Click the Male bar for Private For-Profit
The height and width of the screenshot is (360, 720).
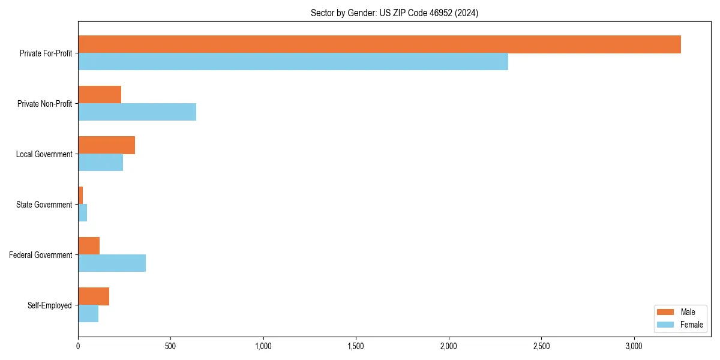(379, 44)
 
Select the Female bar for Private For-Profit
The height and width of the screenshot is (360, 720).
(293, 62)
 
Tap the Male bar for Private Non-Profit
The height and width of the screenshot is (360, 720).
(100, 95)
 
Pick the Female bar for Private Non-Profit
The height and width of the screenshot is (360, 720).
(137, 112)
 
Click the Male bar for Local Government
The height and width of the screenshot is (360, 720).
(106, 145)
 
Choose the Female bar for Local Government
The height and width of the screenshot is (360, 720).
(100, 163)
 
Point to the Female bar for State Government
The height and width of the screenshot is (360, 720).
(83, 213)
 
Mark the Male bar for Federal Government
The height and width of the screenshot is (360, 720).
(89, 246)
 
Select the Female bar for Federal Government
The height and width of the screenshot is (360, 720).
(112, 263)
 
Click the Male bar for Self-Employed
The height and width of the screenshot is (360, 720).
(94, 296)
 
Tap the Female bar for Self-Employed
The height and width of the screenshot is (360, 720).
(88, 314)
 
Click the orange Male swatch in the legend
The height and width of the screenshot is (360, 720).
(666, 312)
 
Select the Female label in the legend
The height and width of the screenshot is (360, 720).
(692, 325)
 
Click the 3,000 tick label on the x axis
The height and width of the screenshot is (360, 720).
(634, 346)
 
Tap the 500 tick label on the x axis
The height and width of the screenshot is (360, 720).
(170, 346)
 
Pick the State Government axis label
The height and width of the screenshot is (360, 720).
(44, 205)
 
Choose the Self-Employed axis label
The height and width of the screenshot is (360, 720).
(50, 305)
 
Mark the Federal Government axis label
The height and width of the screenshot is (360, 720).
(41, 255)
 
